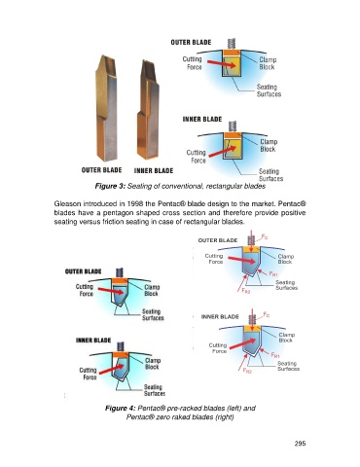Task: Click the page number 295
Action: click(300, 444)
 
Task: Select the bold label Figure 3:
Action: click(110, 186)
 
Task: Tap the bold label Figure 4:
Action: click(120, 408)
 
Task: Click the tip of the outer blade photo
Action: click(104, 55)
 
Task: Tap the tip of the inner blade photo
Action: click(145, 60)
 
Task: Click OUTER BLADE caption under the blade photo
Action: click(101, 170)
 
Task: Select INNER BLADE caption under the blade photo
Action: click(154, 170)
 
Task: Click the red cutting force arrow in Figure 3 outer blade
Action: click(221, 64)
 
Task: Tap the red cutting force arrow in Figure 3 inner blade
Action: click(222, 151)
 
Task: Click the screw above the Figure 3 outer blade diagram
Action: click(232, 44)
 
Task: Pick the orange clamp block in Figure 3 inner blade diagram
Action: click(233, 135)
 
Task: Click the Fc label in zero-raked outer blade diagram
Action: click(265, 237)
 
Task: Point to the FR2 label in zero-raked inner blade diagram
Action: click(247, 371)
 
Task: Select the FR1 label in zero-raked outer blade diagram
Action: click(273, 273)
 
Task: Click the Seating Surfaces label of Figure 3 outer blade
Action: click(269, 90)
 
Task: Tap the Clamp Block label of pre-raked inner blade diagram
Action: click(152, 364)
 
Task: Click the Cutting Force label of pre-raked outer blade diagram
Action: click(85, 290)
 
